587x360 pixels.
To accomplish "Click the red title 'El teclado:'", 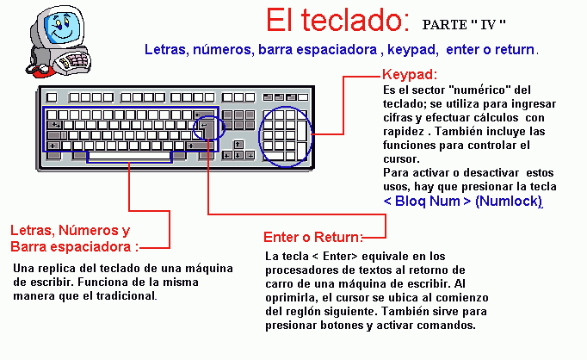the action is click(338, 20).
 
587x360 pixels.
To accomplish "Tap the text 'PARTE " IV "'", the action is click(464, 25).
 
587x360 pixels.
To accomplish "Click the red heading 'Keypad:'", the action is click(410, 74).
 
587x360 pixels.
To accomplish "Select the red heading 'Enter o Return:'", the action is click(313, 237).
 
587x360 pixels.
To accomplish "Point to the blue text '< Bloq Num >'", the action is click(427, 202).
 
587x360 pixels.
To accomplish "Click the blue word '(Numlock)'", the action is click(509, 202).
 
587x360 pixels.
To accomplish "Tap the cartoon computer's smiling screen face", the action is click(61, 28).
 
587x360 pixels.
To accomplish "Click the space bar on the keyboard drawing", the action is click(129, 156).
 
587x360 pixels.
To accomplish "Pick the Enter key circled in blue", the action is click(207, 129).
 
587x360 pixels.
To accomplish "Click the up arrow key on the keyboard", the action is click(238, 145).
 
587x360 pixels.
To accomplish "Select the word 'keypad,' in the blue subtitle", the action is click(413, 49).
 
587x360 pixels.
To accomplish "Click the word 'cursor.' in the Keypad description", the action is click(401, 159).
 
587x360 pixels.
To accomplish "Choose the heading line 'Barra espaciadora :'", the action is click(75, 247).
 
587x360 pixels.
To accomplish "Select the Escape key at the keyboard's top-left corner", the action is click(52, 97).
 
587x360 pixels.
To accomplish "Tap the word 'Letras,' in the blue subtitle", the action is click(167, 49).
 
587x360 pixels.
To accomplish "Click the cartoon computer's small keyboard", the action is click(74, 61).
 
